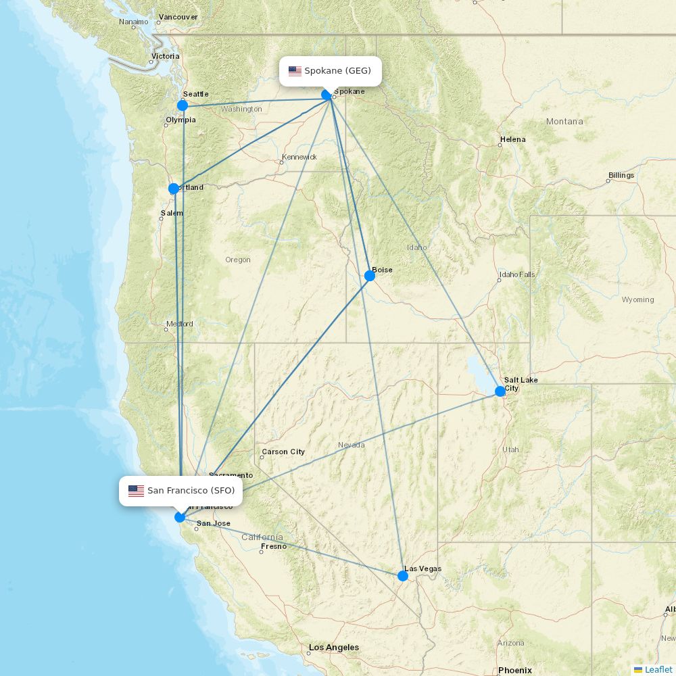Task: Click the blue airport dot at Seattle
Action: (183, 105)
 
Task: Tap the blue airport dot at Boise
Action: (370, 276)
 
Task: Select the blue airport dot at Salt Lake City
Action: (500, 391)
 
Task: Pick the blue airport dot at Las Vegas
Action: (403, 576)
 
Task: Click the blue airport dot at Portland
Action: (174, 189)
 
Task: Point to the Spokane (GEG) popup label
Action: (331, 71)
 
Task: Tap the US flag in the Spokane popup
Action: (295, 71)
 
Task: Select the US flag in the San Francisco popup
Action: (136, 491)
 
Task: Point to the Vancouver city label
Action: (178, 17)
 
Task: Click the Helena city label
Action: (512, 140)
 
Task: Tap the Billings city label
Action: (621, 176)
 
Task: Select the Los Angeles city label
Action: (333, 648)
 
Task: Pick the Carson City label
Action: (283, 452)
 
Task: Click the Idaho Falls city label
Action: (516, 274)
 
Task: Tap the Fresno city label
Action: (274, 547)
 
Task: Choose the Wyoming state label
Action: (637, 299)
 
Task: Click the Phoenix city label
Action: (514, 671)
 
